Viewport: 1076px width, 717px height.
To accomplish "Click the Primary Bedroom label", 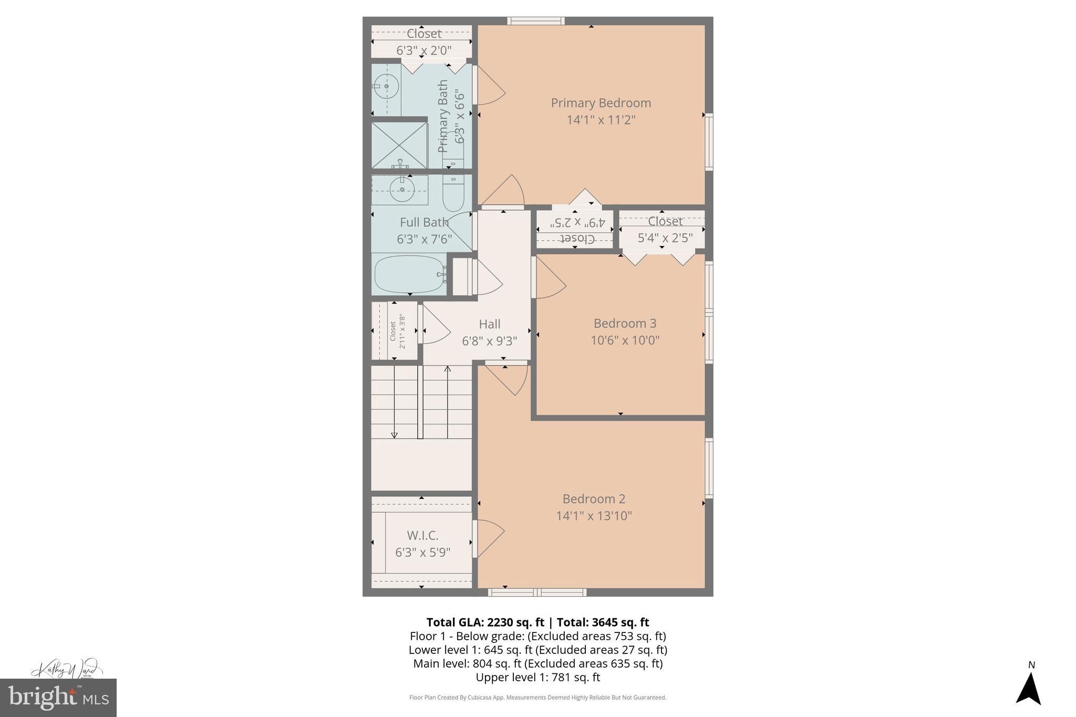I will (601, 103).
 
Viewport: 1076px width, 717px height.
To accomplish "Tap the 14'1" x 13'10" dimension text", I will (594, 516).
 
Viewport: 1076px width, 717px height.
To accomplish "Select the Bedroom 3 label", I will (625, 323).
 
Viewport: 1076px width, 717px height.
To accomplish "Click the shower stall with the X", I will (399, 145).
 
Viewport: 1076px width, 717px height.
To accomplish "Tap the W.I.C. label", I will (422, 535).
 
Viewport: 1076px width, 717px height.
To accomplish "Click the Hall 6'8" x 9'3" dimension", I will (489, 341).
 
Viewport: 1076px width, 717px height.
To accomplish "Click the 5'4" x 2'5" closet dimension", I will (665, 238).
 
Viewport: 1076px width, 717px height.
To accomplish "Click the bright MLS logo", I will (58, 698).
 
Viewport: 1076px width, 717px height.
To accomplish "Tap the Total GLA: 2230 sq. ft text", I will (484, 622).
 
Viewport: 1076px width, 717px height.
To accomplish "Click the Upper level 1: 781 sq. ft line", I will (537, 677).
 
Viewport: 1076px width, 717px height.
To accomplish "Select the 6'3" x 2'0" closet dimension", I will (423, 50).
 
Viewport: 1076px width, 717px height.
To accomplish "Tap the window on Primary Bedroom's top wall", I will (536, 21).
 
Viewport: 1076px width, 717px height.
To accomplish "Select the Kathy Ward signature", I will (65, 669).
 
